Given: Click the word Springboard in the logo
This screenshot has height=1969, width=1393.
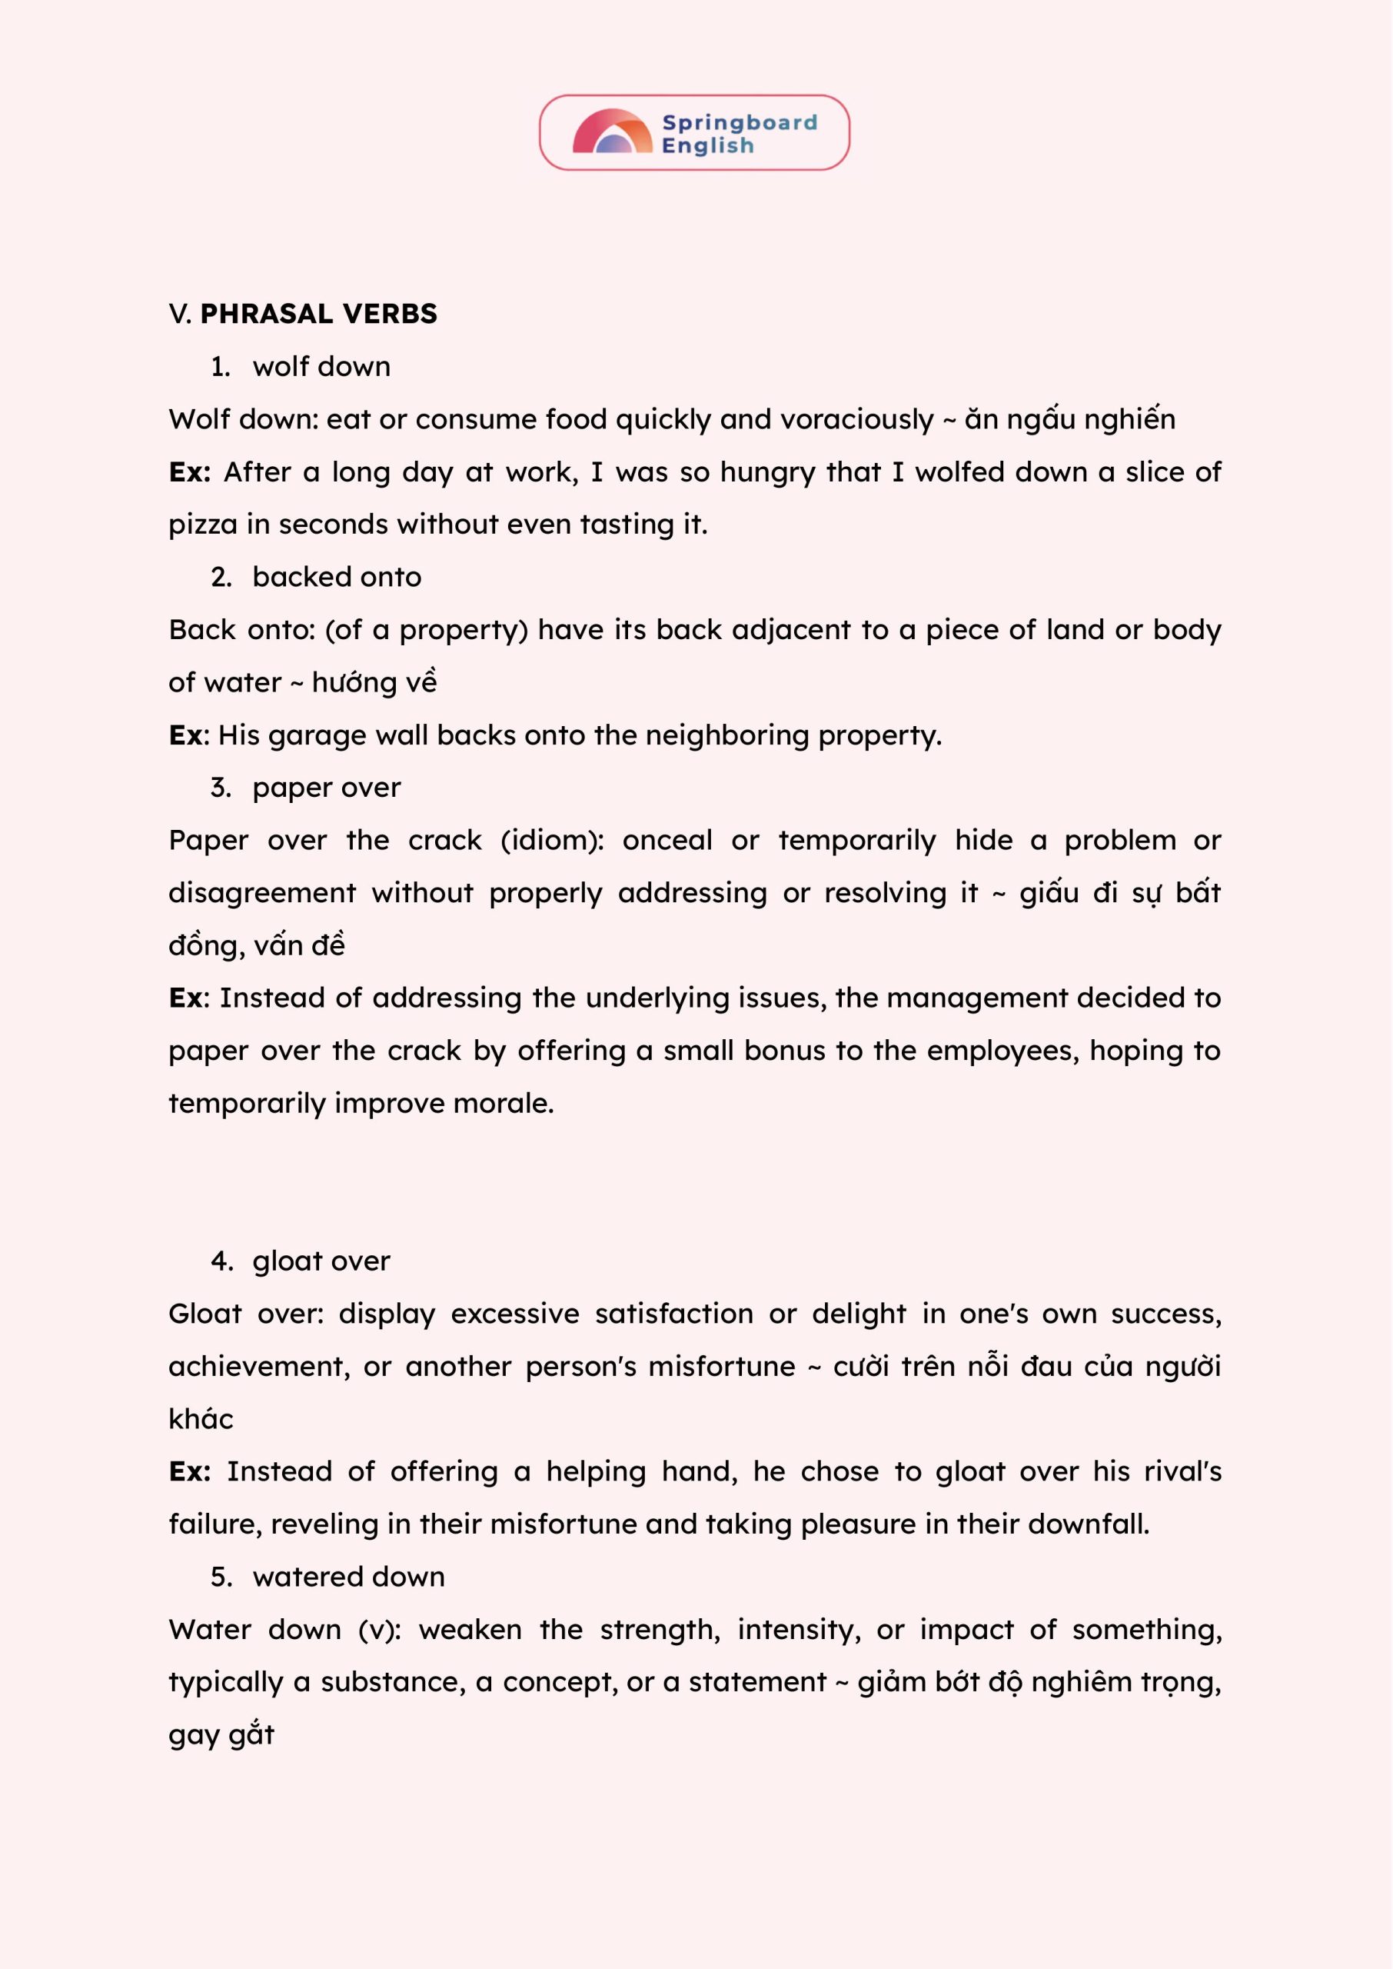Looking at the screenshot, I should point(740,123).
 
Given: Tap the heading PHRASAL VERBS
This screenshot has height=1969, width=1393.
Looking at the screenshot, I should point(318,314).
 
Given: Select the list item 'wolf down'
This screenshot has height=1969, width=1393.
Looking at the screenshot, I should point(321,367).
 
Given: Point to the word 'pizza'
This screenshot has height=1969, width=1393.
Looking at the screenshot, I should point(202,525).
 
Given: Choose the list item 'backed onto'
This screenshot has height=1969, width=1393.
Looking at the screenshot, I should point(336,578).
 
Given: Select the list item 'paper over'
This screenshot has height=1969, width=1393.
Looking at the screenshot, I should point(326,788).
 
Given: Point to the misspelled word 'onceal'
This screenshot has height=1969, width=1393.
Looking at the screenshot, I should point(667,841).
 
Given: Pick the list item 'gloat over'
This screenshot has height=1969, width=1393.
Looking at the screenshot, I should point(321,1261).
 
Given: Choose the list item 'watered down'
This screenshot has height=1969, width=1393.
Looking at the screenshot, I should point(348,1577).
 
